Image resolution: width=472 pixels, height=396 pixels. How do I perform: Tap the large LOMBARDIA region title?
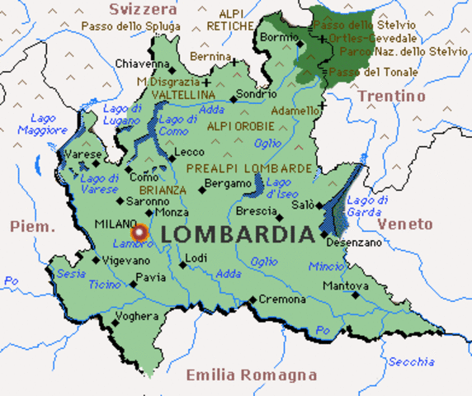coord(238,234)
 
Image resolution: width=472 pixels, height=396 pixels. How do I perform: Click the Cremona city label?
coord(281,299)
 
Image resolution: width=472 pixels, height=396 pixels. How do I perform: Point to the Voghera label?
coord(137,316)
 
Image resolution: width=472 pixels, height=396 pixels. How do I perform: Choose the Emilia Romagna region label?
coord(251,375)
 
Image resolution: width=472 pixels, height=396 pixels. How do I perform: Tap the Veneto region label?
coord(404,224)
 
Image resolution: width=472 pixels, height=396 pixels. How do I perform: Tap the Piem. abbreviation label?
coord(31,226)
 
